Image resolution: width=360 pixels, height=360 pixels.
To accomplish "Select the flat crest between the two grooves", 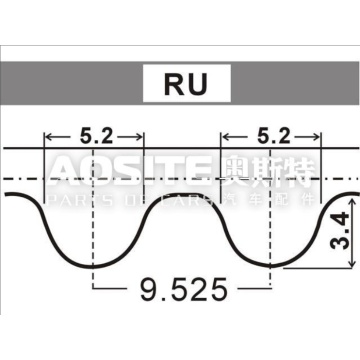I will click(181, 194).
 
